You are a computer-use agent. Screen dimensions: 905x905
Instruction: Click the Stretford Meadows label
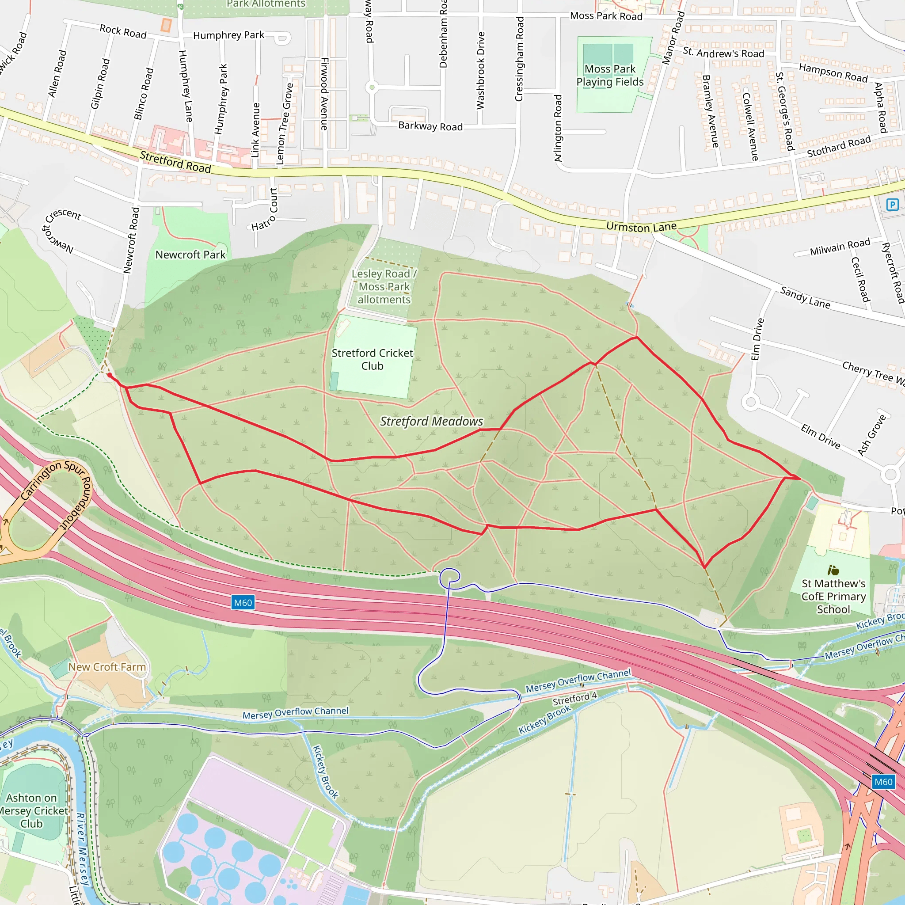(431, 421)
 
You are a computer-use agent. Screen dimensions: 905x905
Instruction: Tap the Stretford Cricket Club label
(373, 359)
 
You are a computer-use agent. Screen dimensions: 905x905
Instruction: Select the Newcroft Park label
(190, 255)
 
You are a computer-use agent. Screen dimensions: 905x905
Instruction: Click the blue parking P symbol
(892, 204)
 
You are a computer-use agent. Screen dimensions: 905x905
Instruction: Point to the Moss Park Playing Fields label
(610, 76)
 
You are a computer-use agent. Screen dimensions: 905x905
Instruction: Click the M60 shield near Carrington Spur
(243, 602)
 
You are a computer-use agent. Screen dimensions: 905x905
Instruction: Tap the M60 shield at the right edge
(883, 782)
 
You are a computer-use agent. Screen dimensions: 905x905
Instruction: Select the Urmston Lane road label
(641, 227)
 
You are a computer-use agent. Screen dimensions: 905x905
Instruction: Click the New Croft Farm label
(107, 666)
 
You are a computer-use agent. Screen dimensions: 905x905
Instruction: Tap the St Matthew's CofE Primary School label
(833, 596)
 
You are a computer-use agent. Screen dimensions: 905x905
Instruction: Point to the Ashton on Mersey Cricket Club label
(32, 810)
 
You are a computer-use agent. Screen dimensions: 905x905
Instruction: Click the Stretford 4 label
(574, 699)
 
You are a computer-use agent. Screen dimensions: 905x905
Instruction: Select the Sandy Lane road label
(805, 297)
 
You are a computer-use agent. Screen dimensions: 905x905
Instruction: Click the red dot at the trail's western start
(110, 375)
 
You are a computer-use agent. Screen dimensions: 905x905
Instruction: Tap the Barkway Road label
(430, 126)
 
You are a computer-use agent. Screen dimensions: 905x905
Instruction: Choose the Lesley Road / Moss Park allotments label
(384, 287)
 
